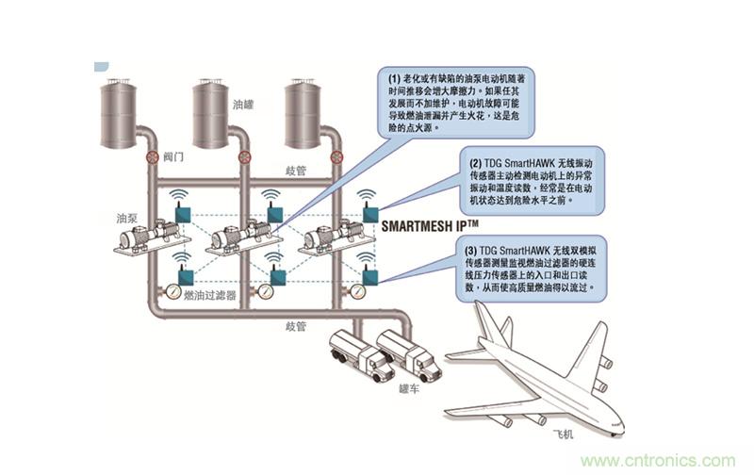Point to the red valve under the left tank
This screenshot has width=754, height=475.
pyautogui.click(x=151, y=156)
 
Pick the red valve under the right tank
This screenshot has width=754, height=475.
pyautogui.click(x=333, y=157)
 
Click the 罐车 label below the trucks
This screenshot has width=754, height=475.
pyautogui.click(x=410, y=386)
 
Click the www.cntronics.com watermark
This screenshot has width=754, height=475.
pyautogui.click(x=657, y=461)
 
